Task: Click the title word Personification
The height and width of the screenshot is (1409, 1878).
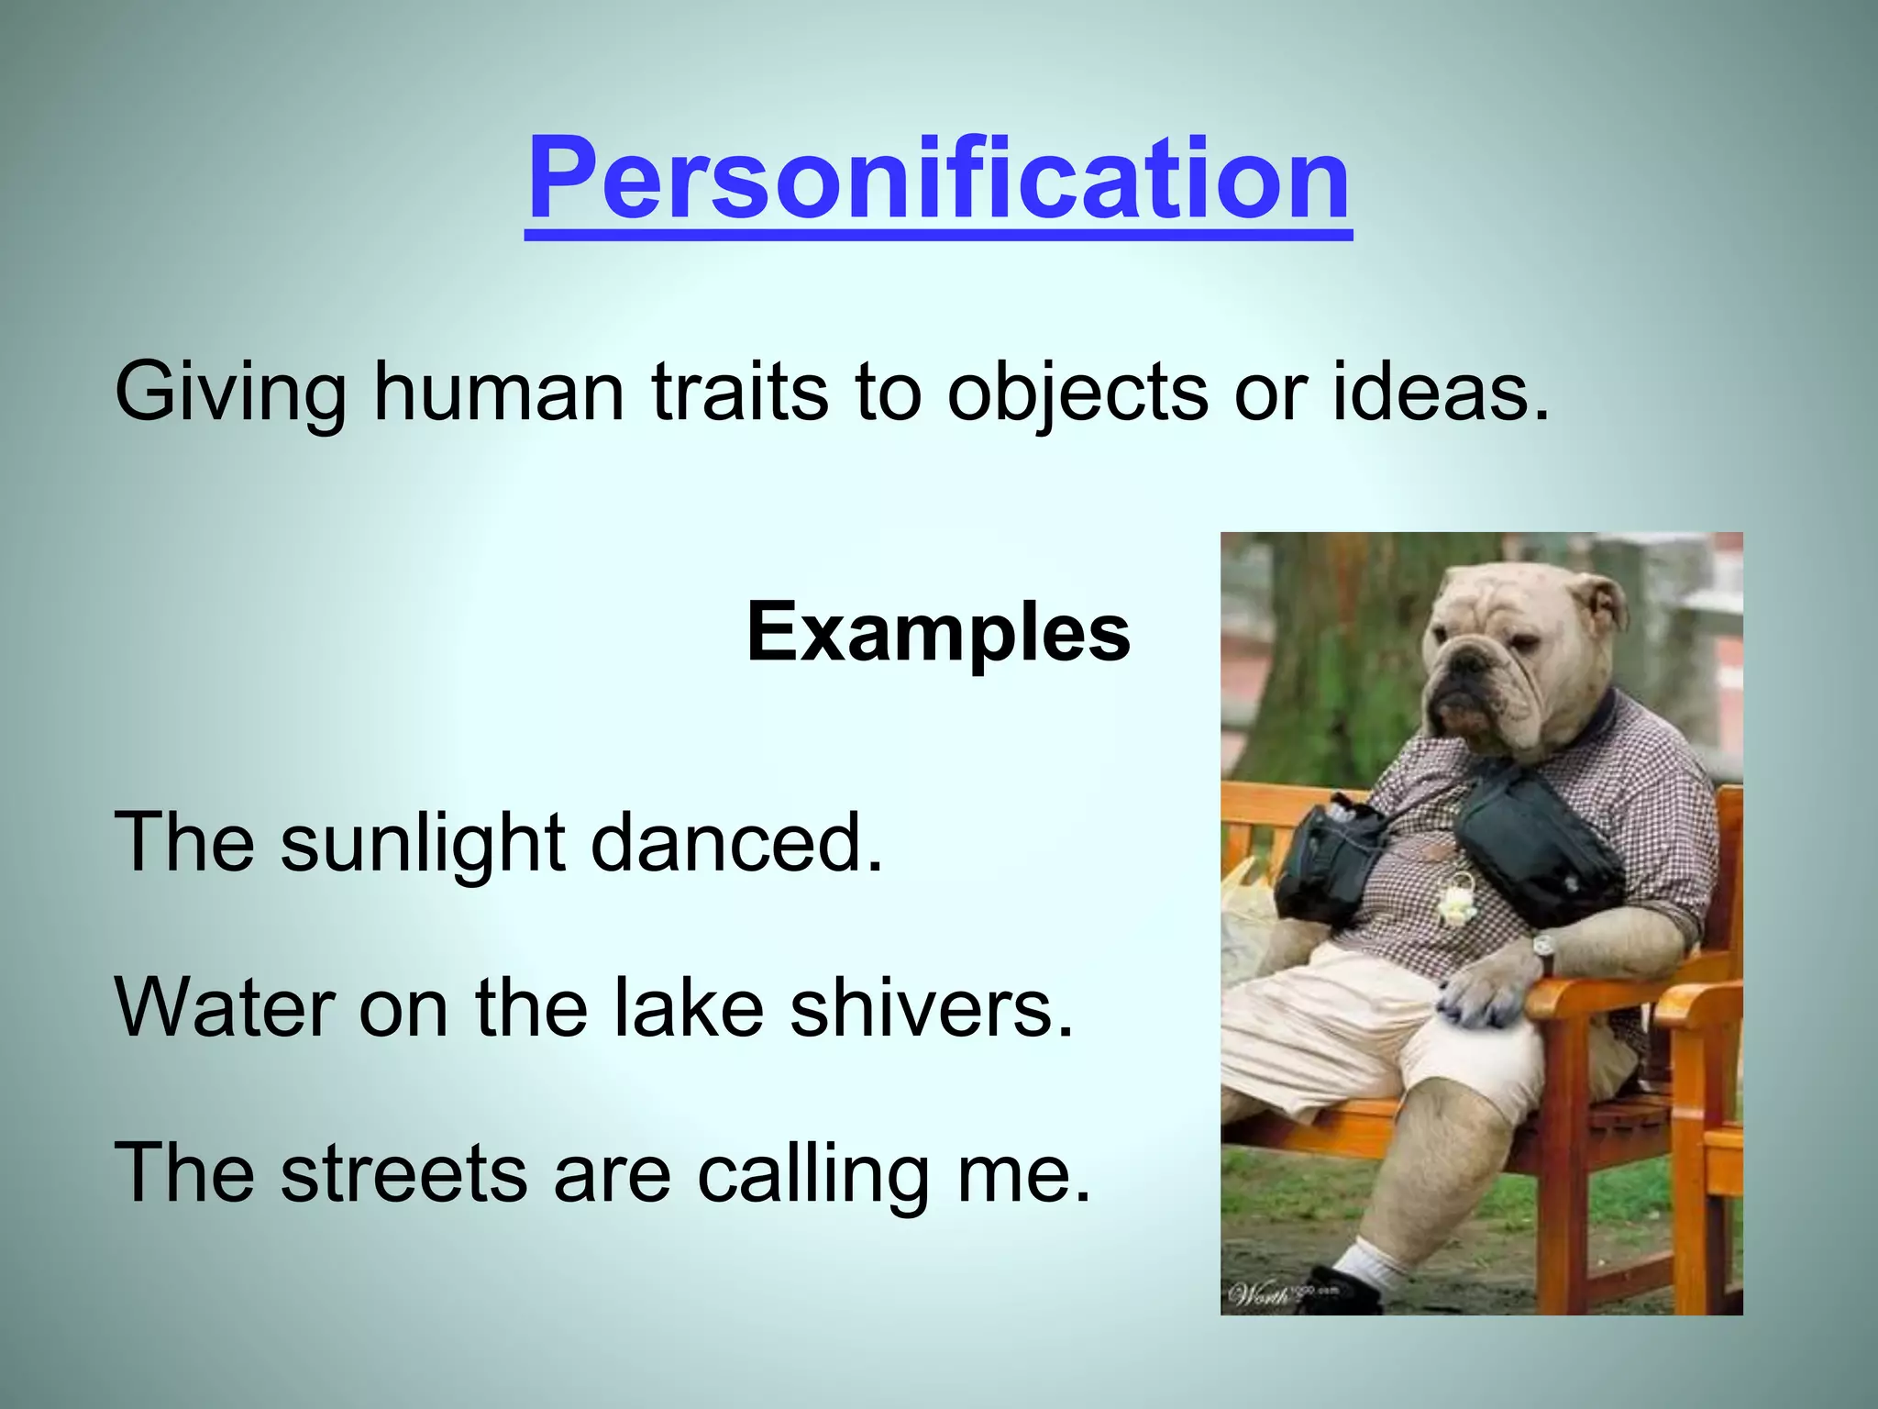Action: [x=938, y=179]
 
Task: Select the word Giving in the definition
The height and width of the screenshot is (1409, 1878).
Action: [x=230, y=393]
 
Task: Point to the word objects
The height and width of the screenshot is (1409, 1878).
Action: [x=1077, y=393]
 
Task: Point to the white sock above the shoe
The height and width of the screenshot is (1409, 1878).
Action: [x=1366, y=1262]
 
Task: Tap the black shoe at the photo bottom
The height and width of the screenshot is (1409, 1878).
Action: [x=1348, y=1290]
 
